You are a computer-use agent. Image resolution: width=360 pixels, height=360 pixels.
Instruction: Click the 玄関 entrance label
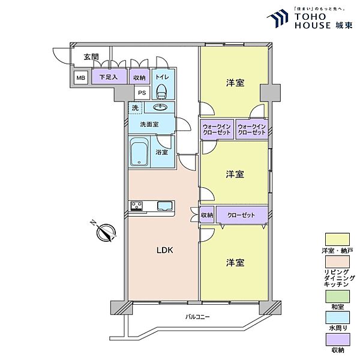(x=91, y=57)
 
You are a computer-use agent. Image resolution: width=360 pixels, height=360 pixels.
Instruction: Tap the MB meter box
(x=80, y=77)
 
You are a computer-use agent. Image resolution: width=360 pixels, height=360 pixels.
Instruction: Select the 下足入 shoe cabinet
(x=109, y=76)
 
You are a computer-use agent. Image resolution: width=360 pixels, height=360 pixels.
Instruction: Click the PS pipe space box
(x=142, y=92)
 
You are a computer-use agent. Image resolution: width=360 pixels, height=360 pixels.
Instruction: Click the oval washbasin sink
(x=159, y=107)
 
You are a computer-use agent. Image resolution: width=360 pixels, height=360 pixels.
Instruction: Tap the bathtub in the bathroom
(x=139, y=152)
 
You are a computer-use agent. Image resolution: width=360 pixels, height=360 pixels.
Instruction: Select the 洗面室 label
(x=149, y=124)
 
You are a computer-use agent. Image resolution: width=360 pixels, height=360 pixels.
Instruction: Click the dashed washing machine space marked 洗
(x=136, y=107)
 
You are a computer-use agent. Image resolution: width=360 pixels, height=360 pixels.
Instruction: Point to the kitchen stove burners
(x=137, y=206)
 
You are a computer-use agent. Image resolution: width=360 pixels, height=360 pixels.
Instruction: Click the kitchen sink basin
(x=164, y=206)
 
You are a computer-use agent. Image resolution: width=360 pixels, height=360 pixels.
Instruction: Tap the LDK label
(x=164, y=250)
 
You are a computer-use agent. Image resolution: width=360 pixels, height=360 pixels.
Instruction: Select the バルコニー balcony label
(x=197, y=317)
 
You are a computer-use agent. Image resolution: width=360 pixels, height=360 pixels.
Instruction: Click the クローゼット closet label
(x=241, y=215)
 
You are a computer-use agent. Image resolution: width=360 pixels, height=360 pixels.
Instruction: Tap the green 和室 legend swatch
(x=337, y=296)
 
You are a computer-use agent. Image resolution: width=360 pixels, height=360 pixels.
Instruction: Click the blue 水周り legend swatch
(x=337, y=317)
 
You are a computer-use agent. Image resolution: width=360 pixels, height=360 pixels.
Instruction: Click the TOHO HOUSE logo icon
(x=277, y=19)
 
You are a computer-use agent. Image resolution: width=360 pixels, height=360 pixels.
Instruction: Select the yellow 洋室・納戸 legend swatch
(x=337, y=239)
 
